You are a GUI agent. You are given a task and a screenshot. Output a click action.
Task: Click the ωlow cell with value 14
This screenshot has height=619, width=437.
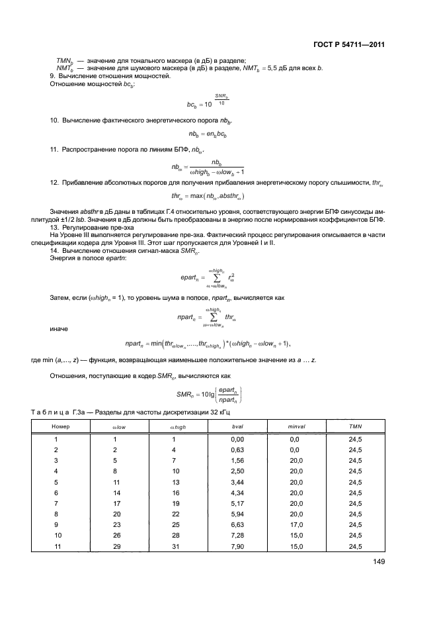tap(114, 492)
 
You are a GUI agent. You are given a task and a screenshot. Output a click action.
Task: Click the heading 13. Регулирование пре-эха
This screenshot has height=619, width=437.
tap(93, 228)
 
